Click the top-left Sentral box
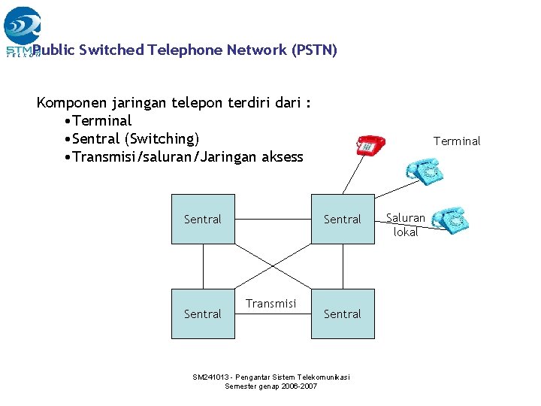pyautogui.click(x=203, y=220)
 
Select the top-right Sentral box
pyautogui.click(x=343, y=220)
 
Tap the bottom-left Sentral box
pyautogui.click(x=203, y=314)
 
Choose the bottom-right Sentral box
pyautogui.click(x=343, y=314)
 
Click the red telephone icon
pyautogui.click(x=370, y=145)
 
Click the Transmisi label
pyautogui.click(x=270, y=303)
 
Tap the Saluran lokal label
pyautogui.click(x=406, y=225)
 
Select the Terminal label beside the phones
pyautogui.click(x=457, y=141)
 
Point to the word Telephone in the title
pyautogui.click(x=186, y=50)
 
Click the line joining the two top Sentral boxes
pyautogui.click(x=272, y=220)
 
